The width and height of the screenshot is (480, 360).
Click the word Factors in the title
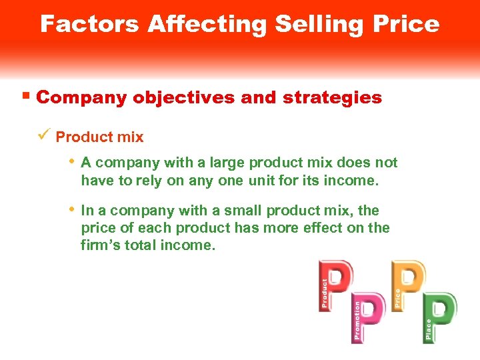(90, 24)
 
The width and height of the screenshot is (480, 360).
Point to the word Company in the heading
(81, 97)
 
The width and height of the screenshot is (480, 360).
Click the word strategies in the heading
(332, 97)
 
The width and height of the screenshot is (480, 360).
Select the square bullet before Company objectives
(26, 96)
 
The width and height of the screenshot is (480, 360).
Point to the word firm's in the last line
(103, 245)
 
